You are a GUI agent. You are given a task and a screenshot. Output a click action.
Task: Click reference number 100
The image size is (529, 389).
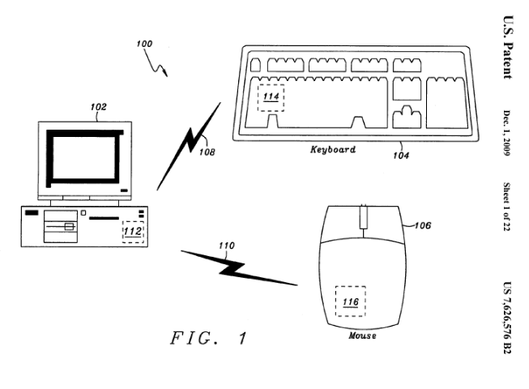(144, 44)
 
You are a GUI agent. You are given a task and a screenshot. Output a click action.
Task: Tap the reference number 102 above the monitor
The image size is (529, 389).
(99, 107)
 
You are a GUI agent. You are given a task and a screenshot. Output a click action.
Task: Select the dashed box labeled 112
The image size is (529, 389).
(133, 232)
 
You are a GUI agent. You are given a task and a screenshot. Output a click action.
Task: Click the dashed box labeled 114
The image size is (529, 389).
(271, 98)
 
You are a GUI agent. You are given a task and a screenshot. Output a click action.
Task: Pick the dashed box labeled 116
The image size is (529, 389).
(350, 301)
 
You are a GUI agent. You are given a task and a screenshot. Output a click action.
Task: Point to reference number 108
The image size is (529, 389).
(207, 152)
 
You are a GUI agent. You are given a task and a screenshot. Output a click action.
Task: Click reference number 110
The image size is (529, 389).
(226, 246)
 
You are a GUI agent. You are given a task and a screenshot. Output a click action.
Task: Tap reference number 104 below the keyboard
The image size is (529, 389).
(401, 156)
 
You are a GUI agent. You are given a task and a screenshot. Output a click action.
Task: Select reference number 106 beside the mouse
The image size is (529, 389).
(422, 225)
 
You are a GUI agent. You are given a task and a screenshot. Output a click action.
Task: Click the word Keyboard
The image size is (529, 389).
(333, 149)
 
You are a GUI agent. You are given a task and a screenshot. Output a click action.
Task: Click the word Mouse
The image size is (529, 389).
(363, 336)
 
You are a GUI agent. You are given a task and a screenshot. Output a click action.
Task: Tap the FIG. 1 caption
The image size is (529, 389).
(208, 338)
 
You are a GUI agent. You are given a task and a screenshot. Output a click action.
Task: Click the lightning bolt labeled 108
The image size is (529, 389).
(188, 147)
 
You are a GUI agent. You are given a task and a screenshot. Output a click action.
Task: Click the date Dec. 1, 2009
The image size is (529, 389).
(507, 133)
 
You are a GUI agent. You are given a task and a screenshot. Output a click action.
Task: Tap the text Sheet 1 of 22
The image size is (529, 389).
(507, 207)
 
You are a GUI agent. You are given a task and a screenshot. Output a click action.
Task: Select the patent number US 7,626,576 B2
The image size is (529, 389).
(507, 318)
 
